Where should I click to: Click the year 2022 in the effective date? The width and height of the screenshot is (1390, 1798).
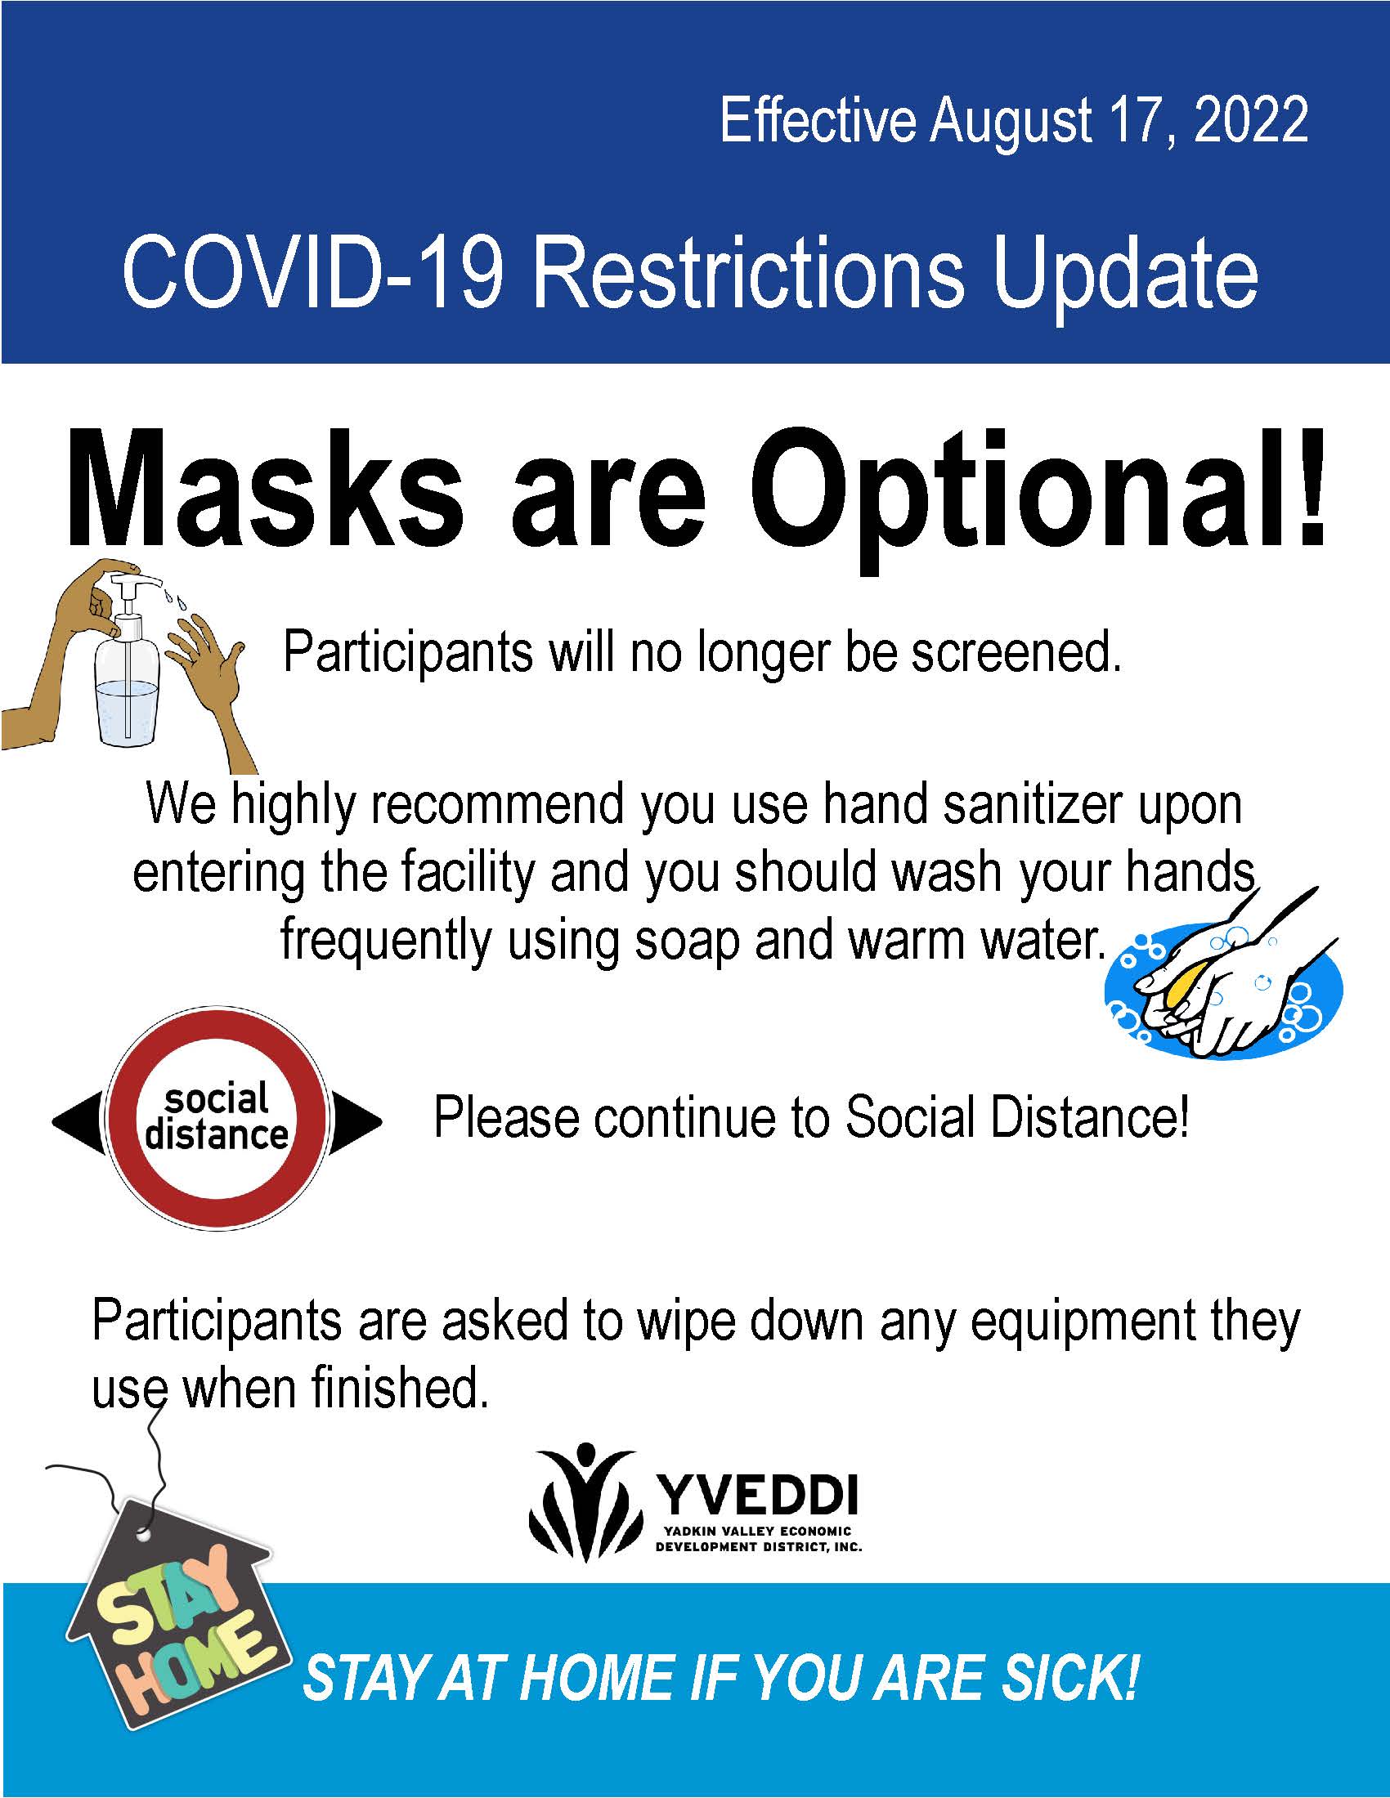point(1249,120)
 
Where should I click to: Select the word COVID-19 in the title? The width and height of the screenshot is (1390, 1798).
point(312,272)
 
